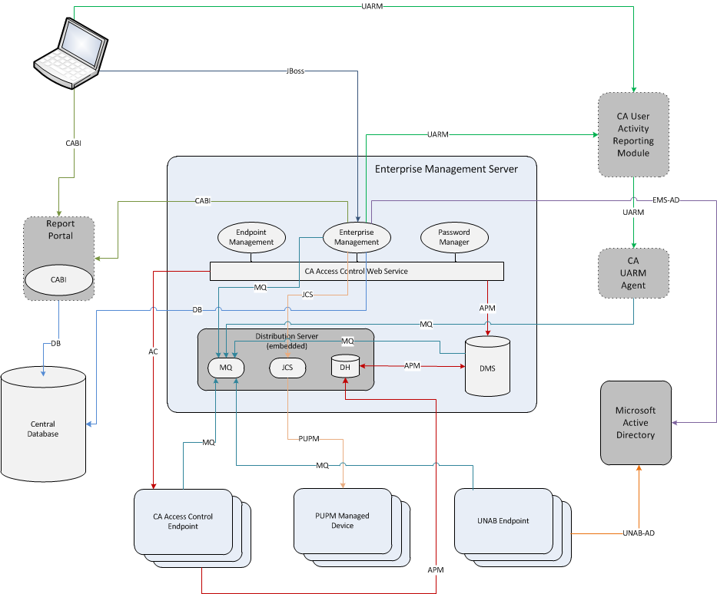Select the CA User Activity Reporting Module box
click(633, 134)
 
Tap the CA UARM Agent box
click(633, 273)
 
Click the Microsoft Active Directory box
click(636, 422)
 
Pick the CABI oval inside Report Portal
click(59, 280)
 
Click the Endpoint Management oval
click(251, 237)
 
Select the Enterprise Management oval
click(357, 237)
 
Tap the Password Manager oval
click(454, 237)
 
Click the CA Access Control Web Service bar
click(357, 271)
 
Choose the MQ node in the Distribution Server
click(226, 368)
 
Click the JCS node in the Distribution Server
click(287, 368)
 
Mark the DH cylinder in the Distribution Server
click(346, 366)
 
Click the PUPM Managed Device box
click(342, 520)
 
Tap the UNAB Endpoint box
click(503, 520)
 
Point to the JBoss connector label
click(295, 71)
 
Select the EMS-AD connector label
click(666, 200)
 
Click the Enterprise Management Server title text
click(446, 169)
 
